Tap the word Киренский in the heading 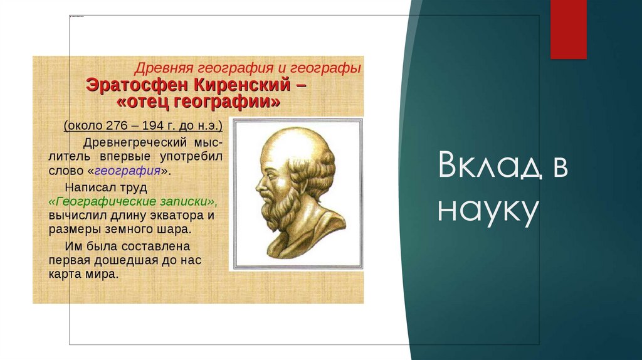click(242, 85)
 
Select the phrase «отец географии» click(199, 102)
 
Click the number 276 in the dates click(117, 125)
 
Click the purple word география click(127, 171)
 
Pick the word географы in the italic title click(327, 68)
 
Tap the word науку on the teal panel click(488, 211)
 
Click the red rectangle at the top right click(568, 29)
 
